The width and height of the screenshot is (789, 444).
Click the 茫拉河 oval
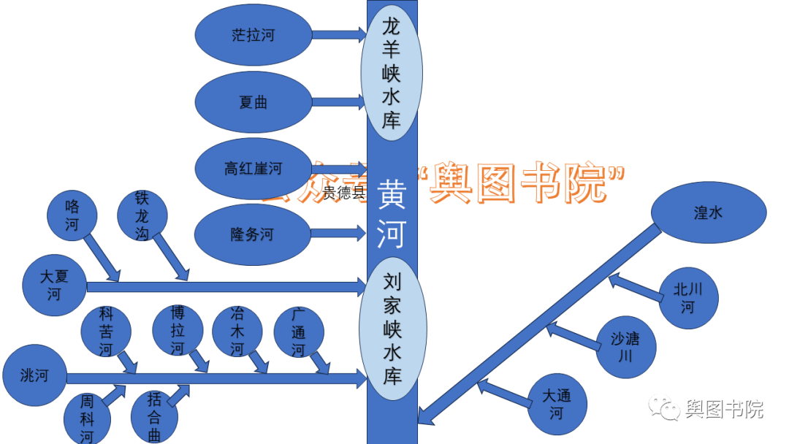[x=254, y=35]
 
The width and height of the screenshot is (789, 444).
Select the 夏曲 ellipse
[x=254, y=102]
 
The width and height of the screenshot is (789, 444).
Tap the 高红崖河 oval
[x=254, y=169]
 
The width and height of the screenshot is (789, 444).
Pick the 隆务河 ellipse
[x=252, y=234]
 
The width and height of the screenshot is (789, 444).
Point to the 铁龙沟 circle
[x=142, y=215]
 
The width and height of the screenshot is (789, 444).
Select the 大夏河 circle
[x=55, y=286]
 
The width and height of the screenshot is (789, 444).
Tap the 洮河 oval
[x=35, y=376]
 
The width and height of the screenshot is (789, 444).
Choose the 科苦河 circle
[x=107, y=331]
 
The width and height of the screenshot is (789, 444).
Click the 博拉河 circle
[x=178, y=330]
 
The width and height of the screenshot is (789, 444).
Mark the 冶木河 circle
[x=237, y=331]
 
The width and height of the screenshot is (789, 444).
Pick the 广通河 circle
[x=298, y=333]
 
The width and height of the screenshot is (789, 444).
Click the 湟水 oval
[x=708, y=213]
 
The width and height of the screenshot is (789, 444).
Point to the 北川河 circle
[x=687, y=298]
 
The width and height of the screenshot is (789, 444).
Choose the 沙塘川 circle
[x=625, y=347]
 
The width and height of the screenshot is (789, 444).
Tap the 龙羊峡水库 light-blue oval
[x=392, y=73]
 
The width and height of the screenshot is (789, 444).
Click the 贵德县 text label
[x=344, y=193]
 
